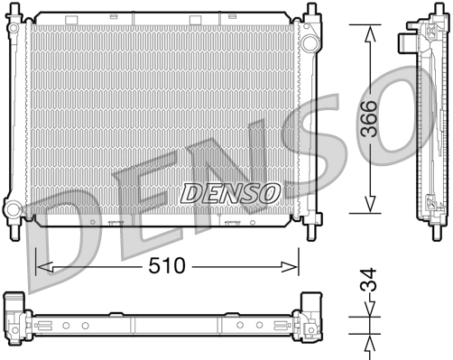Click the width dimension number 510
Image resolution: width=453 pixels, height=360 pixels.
tap(166, 266)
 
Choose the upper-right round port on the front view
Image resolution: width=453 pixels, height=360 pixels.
tap(309, 42)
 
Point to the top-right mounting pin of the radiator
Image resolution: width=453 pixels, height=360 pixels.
tap(311, 9)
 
